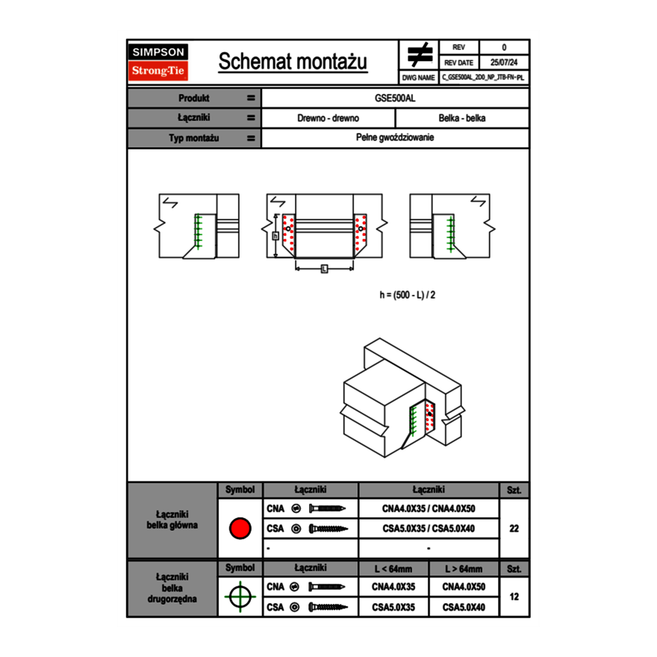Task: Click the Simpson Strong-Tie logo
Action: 159,62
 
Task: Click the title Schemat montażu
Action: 293,62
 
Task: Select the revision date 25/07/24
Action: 504,63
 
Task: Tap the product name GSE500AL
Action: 396,98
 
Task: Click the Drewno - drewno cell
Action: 328,118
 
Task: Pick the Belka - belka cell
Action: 462,118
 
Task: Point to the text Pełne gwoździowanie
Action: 396,138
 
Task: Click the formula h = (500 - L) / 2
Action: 408,295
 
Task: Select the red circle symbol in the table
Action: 240,529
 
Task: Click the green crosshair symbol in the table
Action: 240,597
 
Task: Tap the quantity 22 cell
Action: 514,529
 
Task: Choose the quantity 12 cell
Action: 514,597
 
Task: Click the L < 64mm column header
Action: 393,569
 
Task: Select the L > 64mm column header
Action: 464,569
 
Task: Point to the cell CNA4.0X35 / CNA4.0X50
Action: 429,508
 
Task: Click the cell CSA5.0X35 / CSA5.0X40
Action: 429,529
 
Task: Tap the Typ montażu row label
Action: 193,138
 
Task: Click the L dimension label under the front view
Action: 324,269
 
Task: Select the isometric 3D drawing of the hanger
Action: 399,396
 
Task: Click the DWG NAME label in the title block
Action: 418,78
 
